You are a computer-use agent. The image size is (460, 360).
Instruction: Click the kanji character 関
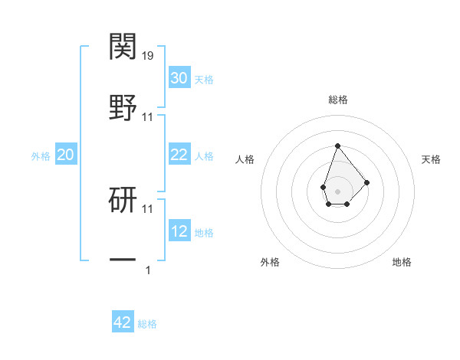tap(123, 47)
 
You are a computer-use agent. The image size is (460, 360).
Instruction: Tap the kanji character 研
tap(123, 199)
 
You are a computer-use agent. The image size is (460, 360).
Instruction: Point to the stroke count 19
tap(148, 55)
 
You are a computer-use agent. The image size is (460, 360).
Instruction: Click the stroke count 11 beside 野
tap(148, 117)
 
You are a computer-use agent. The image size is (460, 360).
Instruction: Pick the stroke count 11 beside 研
tap(148, 208)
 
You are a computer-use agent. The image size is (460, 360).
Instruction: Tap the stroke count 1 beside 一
tap(148, 270)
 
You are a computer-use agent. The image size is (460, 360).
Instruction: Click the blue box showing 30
tap(179, 78)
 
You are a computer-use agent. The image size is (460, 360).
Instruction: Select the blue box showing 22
tap(179, 155)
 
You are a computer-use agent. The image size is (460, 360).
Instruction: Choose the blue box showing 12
tap(179, 231)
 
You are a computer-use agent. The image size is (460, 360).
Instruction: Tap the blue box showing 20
tap(65, 155)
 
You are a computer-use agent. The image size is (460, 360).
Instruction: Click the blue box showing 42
tap(123, 322)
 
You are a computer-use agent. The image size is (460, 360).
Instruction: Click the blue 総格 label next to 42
tap(147, 324)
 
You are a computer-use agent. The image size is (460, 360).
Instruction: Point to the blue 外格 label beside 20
tap(41, 156)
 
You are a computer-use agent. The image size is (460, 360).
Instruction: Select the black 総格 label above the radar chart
tap(337, 100)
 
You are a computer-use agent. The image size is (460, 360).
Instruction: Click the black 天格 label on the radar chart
tap(431, 159)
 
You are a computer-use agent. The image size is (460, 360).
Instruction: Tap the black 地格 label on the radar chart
tap(402, 262)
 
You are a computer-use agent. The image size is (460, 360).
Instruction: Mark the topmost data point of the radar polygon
tap(337, 145)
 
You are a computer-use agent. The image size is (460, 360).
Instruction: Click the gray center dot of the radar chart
tap(337, 191)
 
